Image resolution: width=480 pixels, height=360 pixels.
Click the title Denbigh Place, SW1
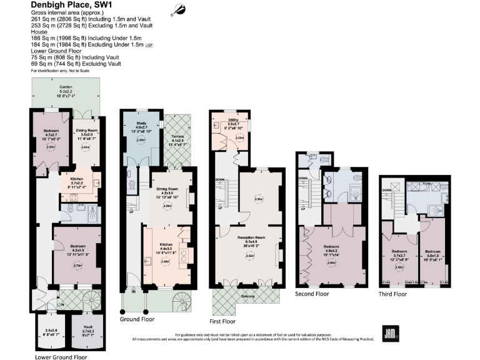tap(67, 5)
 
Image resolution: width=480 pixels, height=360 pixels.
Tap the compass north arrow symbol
tap(179, 9)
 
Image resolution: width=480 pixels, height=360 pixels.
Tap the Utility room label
tap(232, 119)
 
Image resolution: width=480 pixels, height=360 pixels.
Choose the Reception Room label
tap(249, 238)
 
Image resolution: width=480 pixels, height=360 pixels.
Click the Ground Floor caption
tap(137, 319)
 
